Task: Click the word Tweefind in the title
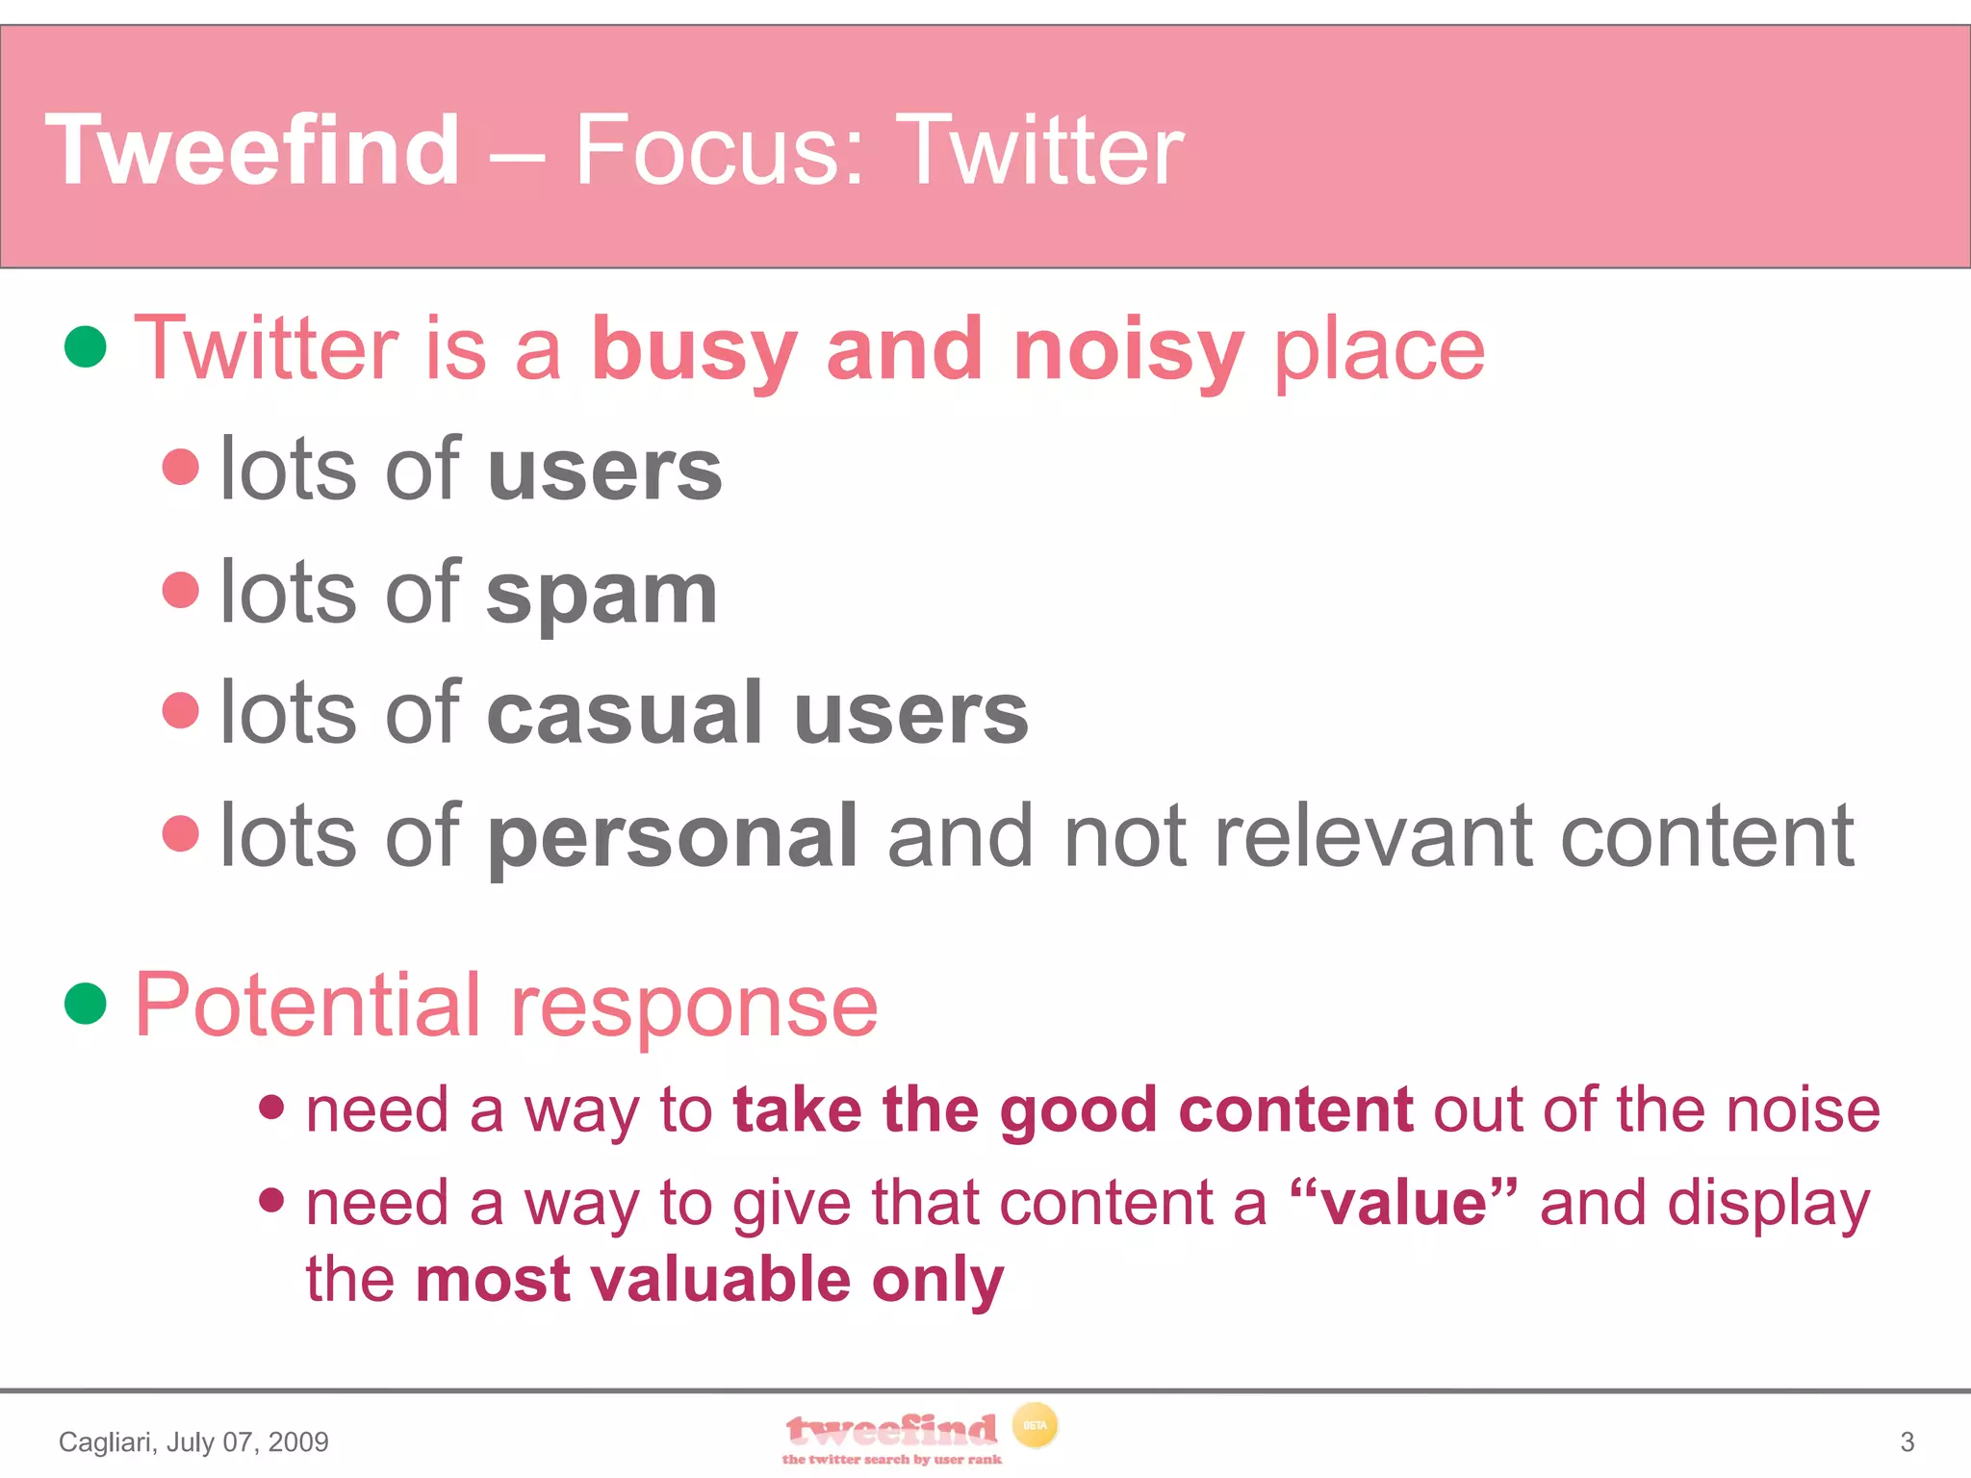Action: pos(252,150)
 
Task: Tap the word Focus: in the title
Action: pos(720,150)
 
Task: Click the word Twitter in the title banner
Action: pos(1044,150)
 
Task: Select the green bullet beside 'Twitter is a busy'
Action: pos(85,346)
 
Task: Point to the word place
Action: pos(1378,352)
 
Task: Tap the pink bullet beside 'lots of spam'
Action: pos(180,589)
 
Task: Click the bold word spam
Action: pos(602,595)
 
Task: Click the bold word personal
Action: pos(673,837)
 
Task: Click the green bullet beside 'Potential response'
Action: pos(85,1004)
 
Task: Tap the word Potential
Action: pos(306,1006)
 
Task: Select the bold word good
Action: pos(1077,1111)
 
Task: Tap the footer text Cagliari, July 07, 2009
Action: pos(193,1441)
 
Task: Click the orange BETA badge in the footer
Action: pos(1035,1425)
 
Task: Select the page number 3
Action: pos(1907,1441)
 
